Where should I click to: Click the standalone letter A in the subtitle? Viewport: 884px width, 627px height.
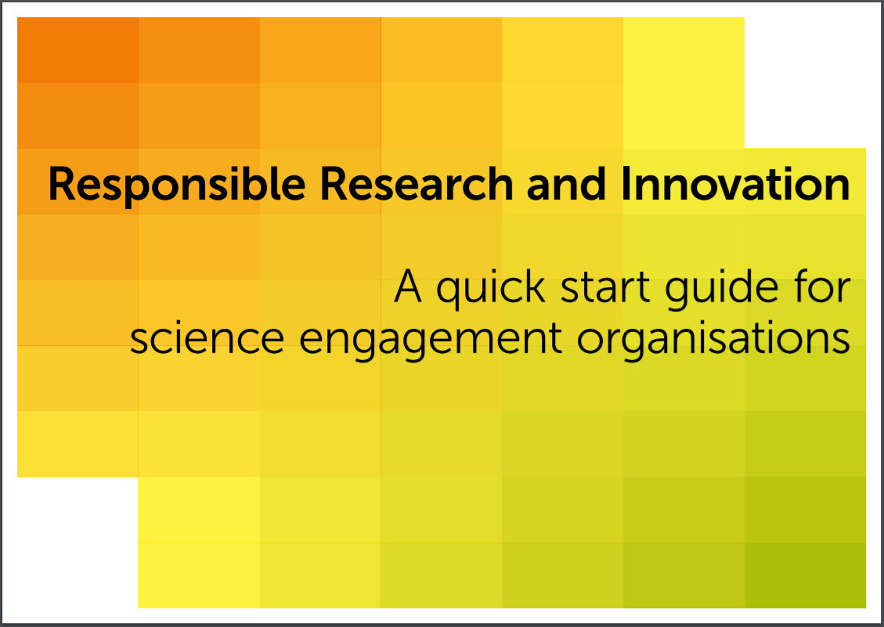pyautogui.click(x=408, y=286)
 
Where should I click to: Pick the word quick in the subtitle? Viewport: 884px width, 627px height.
pyautogui.click(x=490, y=289)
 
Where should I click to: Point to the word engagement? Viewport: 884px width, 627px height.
pyautogui.click(x=430, y=341)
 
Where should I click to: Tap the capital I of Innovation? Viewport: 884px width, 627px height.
pyautogui.click(x=625, y=183)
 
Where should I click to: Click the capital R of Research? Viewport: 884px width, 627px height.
pyautogui.click(x=334, y=183)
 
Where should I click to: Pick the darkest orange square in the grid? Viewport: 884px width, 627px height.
pyautogui.click(x=78, y=50)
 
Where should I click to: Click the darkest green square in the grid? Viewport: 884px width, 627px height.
pyautogui.click(x=805, y=575)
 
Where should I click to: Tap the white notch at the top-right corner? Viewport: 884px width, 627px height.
pyautogui.click(x=805, y=83)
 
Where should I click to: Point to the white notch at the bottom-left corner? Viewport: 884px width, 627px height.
pyautogui.click(x=78, y=543)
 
